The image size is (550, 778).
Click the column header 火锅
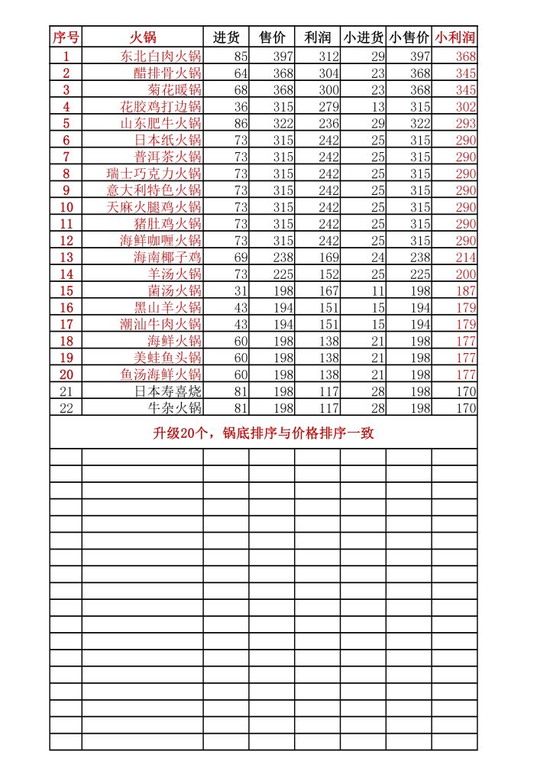(x=142, y=37)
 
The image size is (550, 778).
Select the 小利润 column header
(x=455, y=37)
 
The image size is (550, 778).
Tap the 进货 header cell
(x=226, y=37)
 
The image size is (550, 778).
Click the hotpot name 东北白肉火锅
(x=160, y=57)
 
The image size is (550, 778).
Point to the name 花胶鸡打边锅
(x=160, y=107)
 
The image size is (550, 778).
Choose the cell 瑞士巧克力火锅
(x=154, y=174)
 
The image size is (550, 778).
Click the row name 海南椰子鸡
(x=167, y=258)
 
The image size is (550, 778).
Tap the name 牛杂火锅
(x=174, y=408)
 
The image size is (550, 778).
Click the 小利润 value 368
(x=465, y=57)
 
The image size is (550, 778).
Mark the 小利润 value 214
(x=465, y=258)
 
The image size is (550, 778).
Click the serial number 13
(x=66, y=258)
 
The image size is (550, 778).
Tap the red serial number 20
(x=66, y=374)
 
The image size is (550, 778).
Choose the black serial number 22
(x=66, y=408)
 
